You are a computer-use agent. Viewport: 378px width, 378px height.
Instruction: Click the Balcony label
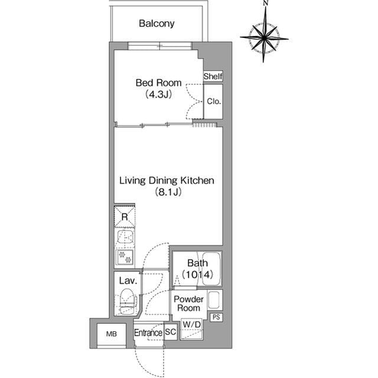tap(157, 24)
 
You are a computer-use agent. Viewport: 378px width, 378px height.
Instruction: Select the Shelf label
tap(213, 76)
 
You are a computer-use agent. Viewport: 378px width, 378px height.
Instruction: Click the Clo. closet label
tap(214, 101)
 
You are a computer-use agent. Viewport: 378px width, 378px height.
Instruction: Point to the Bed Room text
tap(158, 83)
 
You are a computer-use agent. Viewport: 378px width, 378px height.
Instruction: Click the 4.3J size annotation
tap(158, 95)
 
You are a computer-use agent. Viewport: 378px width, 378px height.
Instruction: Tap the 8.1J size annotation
tap(168, 192)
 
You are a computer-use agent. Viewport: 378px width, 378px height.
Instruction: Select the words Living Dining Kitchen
tap(167, 180)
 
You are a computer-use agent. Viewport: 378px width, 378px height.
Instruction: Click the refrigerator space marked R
tap(125, 217)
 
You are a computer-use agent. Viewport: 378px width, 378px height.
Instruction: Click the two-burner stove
tap(125, 257)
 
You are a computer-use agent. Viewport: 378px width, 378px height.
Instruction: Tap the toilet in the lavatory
tap(127, 301)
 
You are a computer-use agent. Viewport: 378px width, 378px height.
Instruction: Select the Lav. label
tap(128, 280)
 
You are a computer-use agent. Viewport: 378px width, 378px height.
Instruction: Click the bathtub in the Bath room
tap(211, 269)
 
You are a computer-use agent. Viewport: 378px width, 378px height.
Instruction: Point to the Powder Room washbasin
tap(214, 300)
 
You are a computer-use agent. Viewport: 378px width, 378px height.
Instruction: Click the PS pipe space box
tap(216, 317)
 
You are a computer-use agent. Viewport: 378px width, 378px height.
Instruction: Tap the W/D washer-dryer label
tap(191, 324)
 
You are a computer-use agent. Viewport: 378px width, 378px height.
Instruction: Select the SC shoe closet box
tap(171, 332)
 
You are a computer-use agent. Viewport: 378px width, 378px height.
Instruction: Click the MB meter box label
tap(112, 334)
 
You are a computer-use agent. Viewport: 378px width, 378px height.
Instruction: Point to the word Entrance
tap(148, 332)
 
